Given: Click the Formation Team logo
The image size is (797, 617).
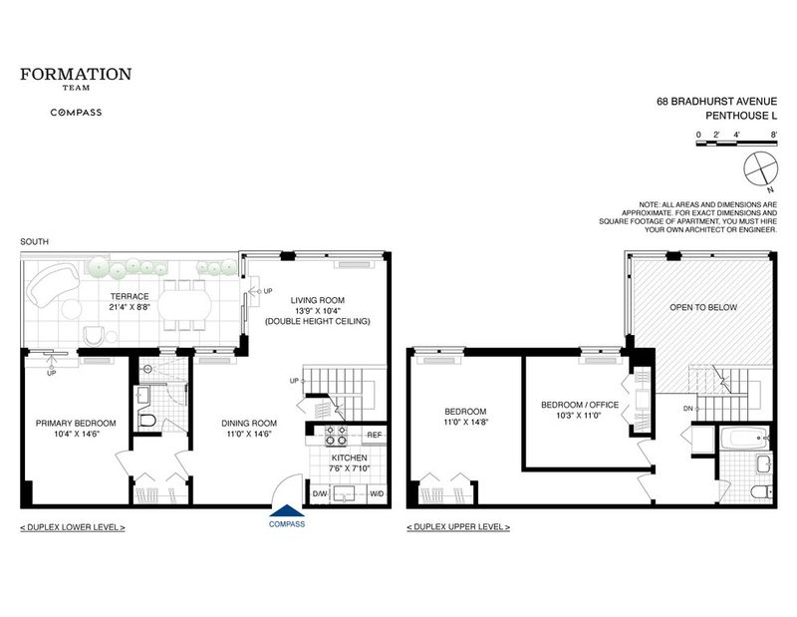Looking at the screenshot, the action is tap(76, 79).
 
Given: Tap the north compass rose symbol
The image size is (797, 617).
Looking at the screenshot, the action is tap(761, 168).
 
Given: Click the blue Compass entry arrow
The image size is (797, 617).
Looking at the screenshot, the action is tap(287, 510).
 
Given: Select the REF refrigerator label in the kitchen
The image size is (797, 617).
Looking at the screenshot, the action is tap(375, 436).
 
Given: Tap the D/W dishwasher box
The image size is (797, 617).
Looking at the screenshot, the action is tap(319, 494).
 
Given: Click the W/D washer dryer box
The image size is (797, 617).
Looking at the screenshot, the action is tap(377, 494).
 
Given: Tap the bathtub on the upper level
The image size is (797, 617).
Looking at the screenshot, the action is tap(743, 438).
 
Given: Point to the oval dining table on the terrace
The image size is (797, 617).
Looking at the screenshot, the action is tap(184, 306).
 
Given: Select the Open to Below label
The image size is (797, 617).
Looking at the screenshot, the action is tap(703, 307).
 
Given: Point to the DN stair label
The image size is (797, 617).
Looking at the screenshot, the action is tap(687, 409).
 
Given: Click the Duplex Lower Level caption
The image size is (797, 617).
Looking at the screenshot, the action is tap(73, 527).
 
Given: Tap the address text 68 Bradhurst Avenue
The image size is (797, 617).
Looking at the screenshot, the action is tap(716, 102).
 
